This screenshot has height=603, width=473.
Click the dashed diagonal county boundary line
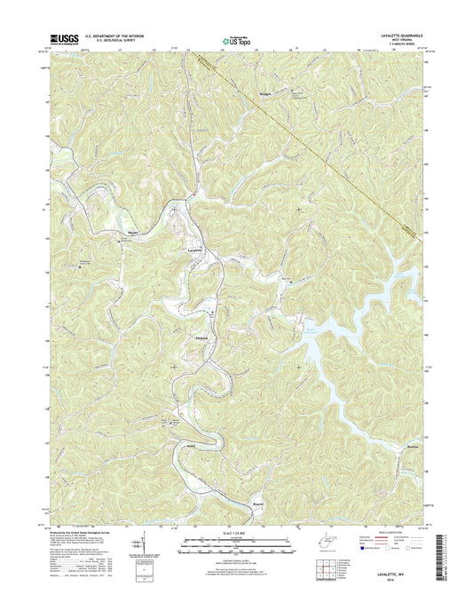[337, 169]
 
